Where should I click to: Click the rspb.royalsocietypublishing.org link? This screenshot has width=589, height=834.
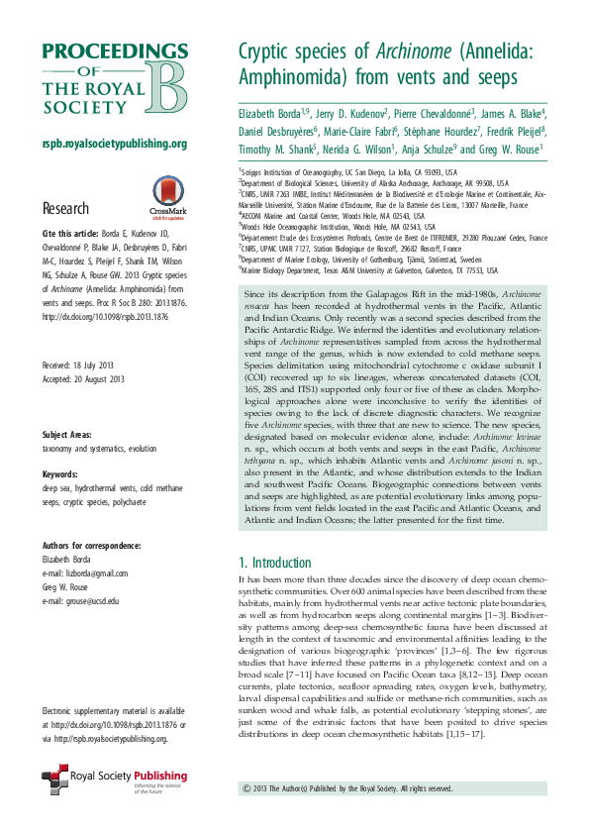tap(114, 145)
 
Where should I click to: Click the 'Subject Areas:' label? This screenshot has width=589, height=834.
tap(68, 408)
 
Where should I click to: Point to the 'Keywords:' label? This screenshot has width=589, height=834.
tap(60, 447)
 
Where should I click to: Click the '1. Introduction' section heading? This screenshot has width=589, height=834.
tap(275, 562)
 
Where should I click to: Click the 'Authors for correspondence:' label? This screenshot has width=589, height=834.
tap(91, 547)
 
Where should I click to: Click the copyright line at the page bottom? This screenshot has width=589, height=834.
tap(346, 788)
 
